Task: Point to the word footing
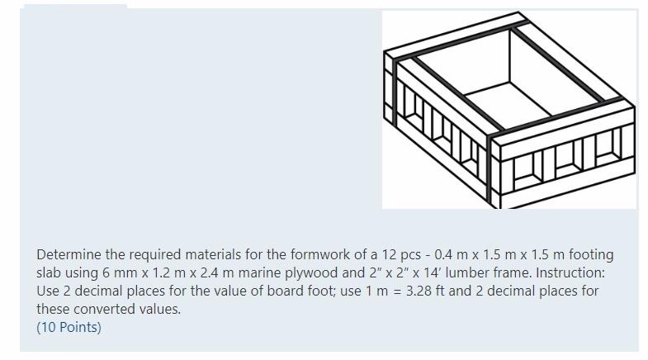pos(591,254)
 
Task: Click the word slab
pos(50,272)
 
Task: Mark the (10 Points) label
pos(69,327)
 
